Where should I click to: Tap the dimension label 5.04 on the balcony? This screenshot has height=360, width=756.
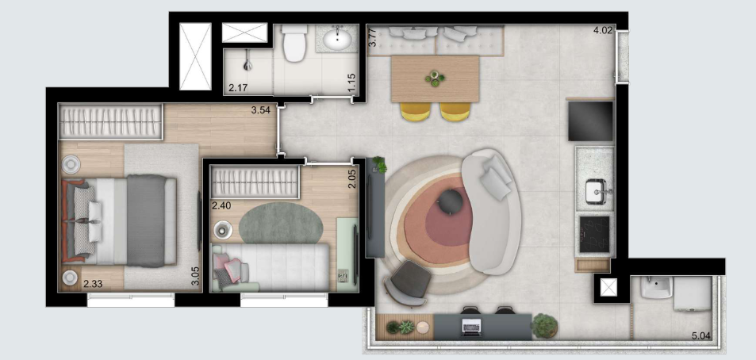click(700, 336)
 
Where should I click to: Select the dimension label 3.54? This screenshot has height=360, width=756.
click(261, 110)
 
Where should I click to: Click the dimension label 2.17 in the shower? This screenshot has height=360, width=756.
click(237, 87)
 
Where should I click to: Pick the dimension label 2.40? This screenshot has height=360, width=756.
click(221, 205)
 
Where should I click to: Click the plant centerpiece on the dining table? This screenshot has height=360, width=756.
click(434, 77)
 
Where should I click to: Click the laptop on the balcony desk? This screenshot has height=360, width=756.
click(471, 324)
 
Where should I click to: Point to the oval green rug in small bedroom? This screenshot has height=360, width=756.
click(280, 224)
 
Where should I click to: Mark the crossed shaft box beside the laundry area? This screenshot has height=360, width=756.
click(608, 288)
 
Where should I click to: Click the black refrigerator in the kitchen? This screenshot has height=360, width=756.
click(591, 120)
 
